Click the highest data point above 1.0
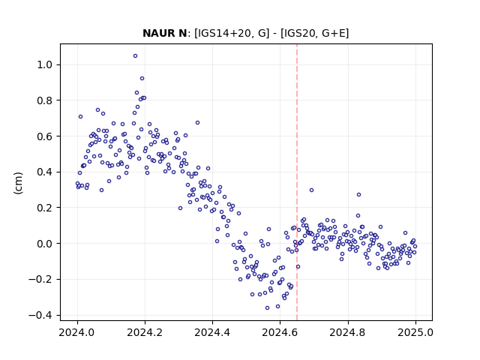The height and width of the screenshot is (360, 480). [135, 56]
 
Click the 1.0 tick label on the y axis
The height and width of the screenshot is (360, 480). [45, 65]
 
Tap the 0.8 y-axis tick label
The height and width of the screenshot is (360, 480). [45, 100]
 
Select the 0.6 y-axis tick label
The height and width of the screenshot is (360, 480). [45, 136]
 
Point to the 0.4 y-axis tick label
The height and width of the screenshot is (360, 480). [45, 172]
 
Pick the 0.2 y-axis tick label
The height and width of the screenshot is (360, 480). [45, 208]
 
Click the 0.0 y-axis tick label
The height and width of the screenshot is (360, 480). [45, 243]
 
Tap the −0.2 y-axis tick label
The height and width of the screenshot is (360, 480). [41, 279]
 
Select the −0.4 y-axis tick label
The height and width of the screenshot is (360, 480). [41, 315]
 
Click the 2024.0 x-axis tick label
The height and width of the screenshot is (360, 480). [77, 332]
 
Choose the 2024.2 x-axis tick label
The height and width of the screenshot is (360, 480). [145, 332]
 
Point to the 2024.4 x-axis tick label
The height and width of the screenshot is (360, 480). [212, 332]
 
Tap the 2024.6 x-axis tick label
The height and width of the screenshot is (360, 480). [280, 332]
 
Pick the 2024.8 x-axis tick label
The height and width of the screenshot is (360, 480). [347, 332]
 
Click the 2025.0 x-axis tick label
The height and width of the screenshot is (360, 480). [415, 332]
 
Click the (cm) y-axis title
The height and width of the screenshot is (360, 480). [18, 183]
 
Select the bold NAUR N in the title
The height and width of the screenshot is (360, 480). [165, 33]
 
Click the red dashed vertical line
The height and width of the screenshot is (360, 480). [297, 182]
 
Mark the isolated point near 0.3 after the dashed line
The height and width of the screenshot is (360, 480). [312, 190]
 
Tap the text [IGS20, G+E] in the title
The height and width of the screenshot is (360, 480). [314, 33]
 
